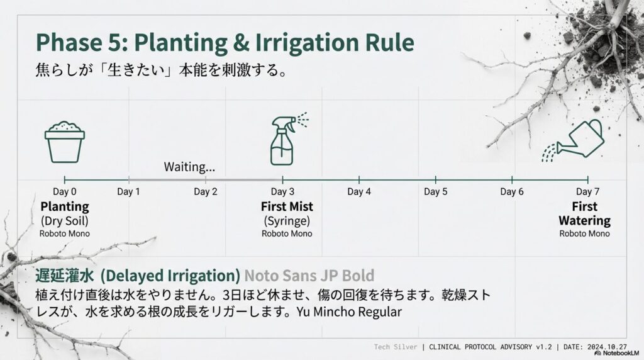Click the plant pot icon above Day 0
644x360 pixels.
click(65, 142)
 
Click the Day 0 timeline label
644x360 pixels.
click(65, 192)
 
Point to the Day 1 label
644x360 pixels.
click(128, 192)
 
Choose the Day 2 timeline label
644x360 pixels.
click(205, 192)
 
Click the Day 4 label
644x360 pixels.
click(359, 192)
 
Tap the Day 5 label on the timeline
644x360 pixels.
click(435, 192)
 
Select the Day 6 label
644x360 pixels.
click(512, 192)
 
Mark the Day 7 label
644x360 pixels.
click(584, 192)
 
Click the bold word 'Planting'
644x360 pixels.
click(65, 206)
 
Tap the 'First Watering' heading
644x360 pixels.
click(584, 213)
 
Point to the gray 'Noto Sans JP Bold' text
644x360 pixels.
click(309, 275)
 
